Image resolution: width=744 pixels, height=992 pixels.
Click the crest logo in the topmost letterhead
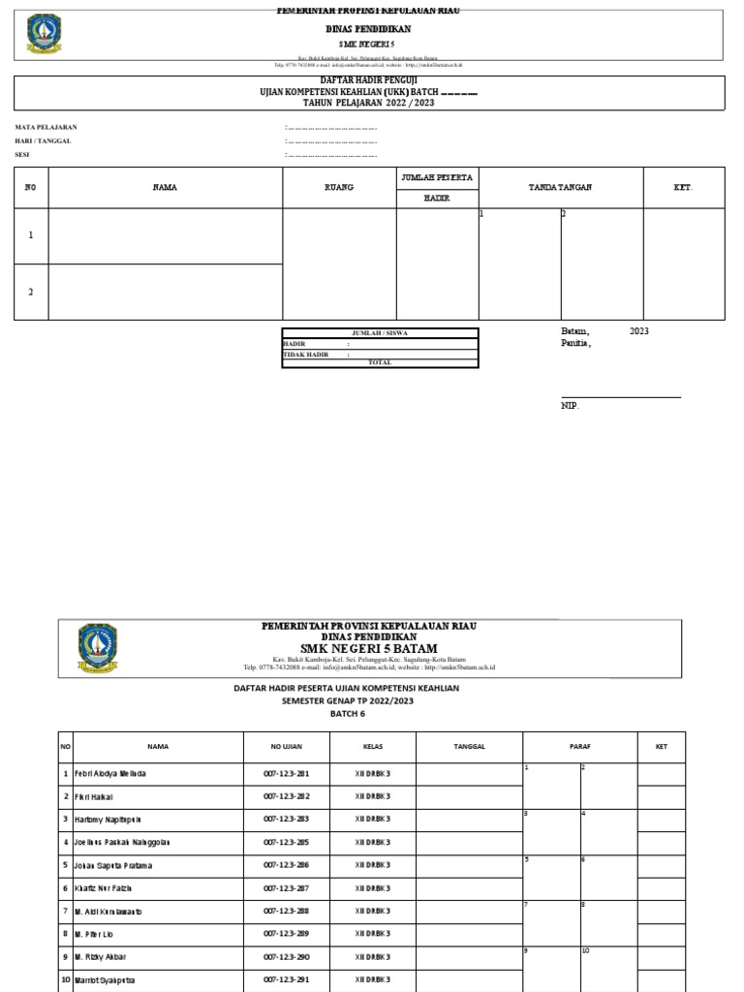(x=42, y=35)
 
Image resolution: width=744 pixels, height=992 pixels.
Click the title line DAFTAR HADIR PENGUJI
(x=367, y=81)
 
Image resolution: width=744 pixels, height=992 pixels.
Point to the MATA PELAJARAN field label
(x=46, y=127)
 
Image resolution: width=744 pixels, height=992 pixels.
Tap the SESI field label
(x=21, y=155)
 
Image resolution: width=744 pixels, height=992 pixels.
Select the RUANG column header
(x=339, y=187)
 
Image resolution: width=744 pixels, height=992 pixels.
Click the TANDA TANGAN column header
(x=560, y=187)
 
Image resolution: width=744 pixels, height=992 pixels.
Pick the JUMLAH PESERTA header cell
(x=437, y=178)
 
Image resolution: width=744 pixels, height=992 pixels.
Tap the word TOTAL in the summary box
(x=380, y=362)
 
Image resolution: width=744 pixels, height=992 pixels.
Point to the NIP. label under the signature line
(x=570, y=406)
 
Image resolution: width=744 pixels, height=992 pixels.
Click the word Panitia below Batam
(x=575, y=343)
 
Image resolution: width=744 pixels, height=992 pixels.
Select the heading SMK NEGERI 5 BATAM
(x=368, y=648)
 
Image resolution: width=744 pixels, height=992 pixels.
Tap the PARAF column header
(x=579, y=747)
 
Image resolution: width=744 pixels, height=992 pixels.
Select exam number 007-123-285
(x=286, y=843)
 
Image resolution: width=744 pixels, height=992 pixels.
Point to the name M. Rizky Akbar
(x=100, y=956)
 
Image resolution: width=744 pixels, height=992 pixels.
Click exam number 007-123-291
(x=286, y=979)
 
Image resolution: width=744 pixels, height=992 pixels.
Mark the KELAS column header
(x=372, y=747)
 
